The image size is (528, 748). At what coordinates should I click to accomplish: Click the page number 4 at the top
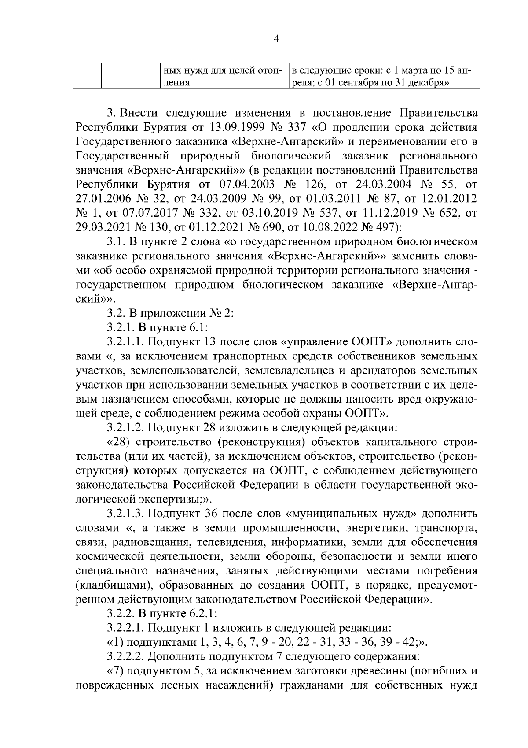[x=276, y=39]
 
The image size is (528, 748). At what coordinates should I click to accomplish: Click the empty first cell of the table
[x=87, y=76]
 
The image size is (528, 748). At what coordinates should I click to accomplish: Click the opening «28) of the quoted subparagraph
[x=120, y=441]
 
